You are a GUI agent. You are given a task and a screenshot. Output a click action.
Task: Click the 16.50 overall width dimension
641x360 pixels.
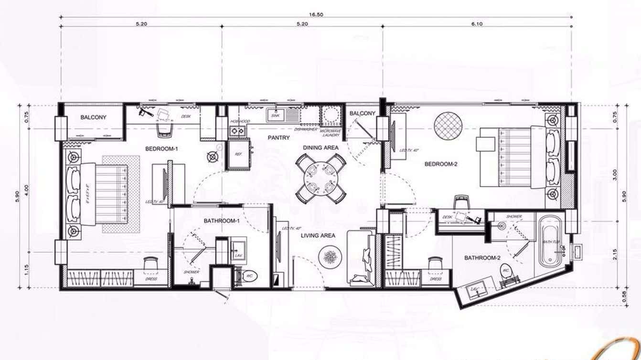(x=316, y=14)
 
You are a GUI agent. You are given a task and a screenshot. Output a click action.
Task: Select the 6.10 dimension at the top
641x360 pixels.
(x=476, y=23)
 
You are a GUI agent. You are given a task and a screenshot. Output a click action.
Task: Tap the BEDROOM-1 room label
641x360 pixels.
(x=161, y=149)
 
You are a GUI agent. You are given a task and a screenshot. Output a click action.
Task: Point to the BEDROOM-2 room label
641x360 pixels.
(x=441, y=164)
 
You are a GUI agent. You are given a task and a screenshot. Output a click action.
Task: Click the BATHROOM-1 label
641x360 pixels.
(x=221, y=221)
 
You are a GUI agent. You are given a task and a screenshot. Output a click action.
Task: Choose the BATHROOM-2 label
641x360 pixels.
(x=482, y=258)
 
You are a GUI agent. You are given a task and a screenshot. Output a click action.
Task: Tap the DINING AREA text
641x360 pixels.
(x=320, y=148)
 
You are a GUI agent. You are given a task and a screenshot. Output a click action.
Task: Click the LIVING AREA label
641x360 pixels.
(x=319, y=235)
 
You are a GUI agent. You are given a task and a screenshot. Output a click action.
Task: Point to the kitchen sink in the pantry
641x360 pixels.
(x=275, y=116)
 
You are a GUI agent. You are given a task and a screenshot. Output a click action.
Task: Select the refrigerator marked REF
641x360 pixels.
(x=238, y=154)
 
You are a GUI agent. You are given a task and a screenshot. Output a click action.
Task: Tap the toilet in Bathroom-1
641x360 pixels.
(x=249, y=276)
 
